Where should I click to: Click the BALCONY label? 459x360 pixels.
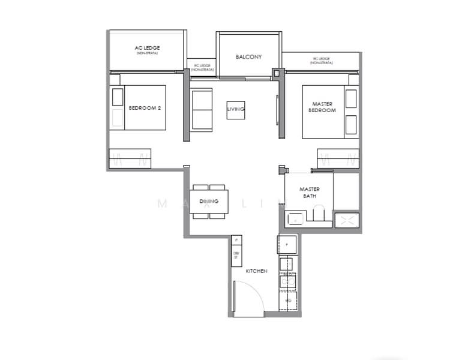pyautogui.click(x=248, y=57)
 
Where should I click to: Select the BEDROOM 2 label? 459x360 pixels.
pyautogui.click(x=145, y=108)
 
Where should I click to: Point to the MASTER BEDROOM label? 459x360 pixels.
pyautogui.click(x=322, y=107)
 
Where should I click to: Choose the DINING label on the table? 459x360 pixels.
pyautogui.click(x=208, y=202)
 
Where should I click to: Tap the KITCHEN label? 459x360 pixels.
pyautogui.click(x=256, y=272)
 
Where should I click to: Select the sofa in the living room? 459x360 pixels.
pyautogui.click(x=202, y=109)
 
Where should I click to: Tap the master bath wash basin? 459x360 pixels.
pyautogui.click(x=295, y=220)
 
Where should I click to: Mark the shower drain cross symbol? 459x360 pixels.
pyautogui.click(x=346, y=220)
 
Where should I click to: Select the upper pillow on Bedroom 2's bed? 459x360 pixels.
pyautogui.click(x=118, y=97)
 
